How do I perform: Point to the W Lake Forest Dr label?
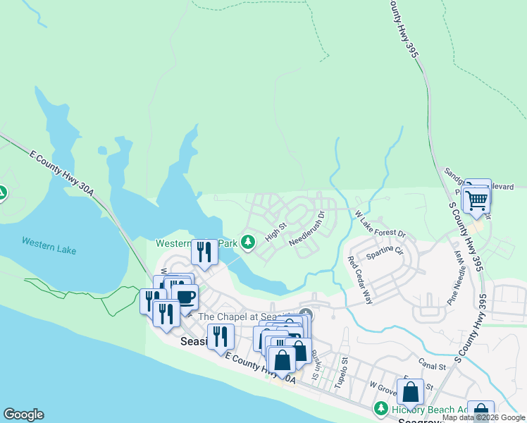point(380,223)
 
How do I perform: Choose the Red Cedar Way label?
point(360,280)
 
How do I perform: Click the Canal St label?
point(433,367)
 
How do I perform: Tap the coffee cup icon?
point(185,297)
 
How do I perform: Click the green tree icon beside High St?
point(247,242)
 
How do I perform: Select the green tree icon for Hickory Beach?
point(380,408)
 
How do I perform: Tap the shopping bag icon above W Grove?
point(410,391)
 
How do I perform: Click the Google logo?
point(23,415)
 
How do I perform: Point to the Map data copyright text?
point(483,417)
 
